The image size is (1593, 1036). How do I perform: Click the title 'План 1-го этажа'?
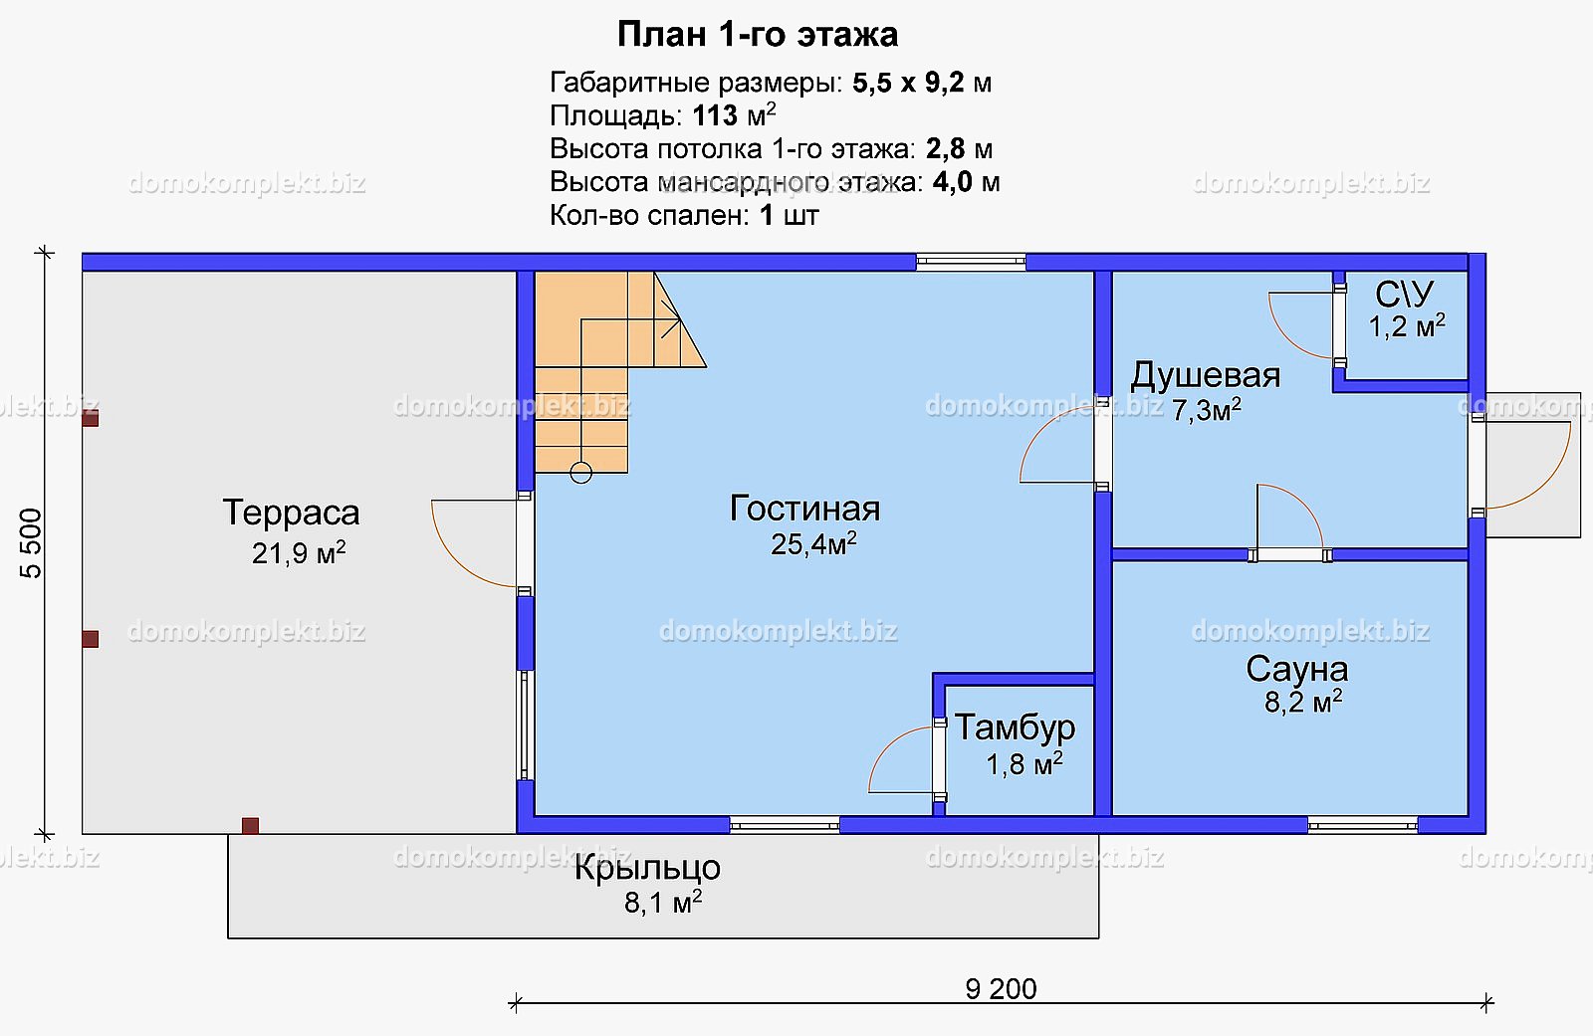pyautogui.click(x=758, y=34)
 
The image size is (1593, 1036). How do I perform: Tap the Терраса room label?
pyautogui.click(x=291, y=513)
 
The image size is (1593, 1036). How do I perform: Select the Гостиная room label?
pyautogui.click(x=805, y=510)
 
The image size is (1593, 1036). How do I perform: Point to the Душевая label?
pyautogui.click(x=1206, y=375)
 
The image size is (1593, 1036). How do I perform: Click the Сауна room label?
pyautogui.click(x=1297, y=669)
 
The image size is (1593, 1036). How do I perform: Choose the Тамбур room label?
pyautogui.click(x=1015, y=726)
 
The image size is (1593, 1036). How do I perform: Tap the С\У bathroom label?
pyautogui.click(x=1404, y=294)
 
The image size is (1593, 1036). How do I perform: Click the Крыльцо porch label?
pyautogui.click(x=647, y=868)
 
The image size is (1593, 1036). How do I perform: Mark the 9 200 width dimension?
pyautogui.click(x=1001, y=989)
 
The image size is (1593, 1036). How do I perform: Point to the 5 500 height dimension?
pyautogui.click(x=31, y=543)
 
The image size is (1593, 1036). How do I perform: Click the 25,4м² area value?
pyautogui.click(x=813, y=544)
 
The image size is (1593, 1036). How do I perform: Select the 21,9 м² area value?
pyautogui.click(x=299, y=553)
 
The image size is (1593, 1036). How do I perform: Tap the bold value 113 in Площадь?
pyautogui.click(x=716, y=115)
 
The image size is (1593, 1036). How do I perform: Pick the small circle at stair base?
pyautogui.click(x=581, y=473)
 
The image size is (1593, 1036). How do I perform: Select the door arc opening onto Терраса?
pyautogui.click(x=449, y=555)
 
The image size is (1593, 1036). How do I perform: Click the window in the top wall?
pyautogui.click(x=971, y=262)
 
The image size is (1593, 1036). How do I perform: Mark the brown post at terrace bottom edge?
pyautogui.click(x=250, y=826)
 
